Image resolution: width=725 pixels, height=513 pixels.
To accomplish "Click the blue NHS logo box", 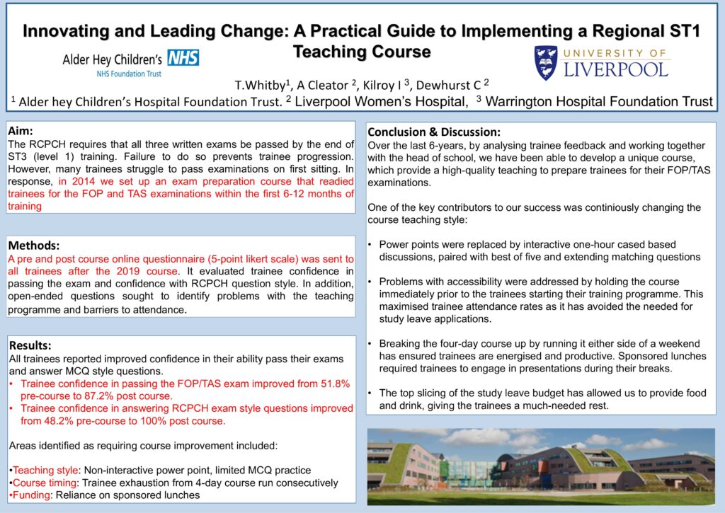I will click(x=183, y=57).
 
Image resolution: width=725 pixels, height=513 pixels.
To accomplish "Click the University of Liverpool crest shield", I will click(x=545, y=62).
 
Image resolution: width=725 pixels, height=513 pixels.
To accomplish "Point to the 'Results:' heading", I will click(x=30, y=345).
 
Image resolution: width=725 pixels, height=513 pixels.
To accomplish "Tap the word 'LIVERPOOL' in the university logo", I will click(x=616, y=69).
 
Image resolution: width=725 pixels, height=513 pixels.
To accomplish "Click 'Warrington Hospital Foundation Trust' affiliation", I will click(x=599, y=101).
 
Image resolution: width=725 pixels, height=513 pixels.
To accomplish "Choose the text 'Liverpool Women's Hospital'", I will click(x=381, y=101).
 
